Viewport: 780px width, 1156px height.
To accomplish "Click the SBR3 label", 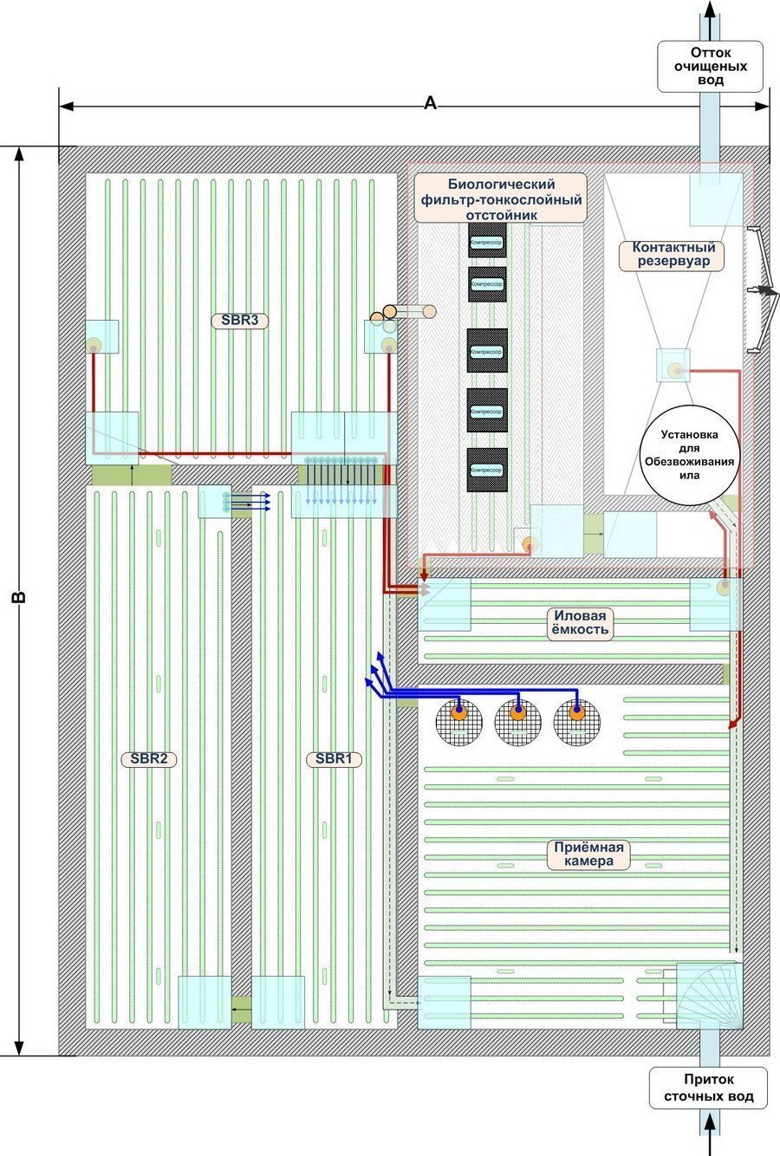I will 239,321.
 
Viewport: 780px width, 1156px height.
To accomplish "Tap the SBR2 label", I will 148,759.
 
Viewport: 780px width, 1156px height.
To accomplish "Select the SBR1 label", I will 334,759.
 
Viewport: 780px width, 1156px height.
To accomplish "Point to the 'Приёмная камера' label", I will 590,854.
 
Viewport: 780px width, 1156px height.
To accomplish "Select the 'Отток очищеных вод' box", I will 710,66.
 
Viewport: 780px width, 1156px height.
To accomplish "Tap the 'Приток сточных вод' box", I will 710,1088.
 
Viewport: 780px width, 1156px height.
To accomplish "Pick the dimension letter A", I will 430,104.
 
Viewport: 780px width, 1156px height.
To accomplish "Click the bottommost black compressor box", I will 486,469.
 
